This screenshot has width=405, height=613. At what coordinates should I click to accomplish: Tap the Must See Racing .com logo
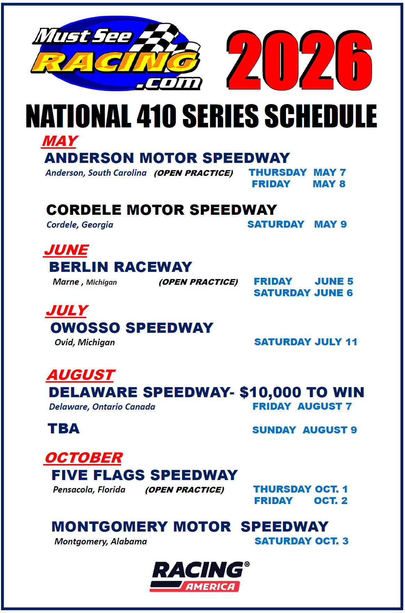[117, 54]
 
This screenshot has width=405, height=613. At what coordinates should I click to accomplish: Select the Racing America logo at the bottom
[200, 576]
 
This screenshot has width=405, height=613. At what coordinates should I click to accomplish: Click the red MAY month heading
[60, 141]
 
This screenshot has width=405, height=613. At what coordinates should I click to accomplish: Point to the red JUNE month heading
[66, 250]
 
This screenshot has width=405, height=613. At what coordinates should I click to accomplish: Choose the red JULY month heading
[67, 310]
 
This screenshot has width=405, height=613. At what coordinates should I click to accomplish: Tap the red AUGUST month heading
[81, 375]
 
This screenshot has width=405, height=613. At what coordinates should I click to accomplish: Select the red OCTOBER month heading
[84, 458]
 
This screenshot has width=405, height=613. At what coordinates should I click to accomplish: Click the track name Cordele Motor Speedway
[161, 210]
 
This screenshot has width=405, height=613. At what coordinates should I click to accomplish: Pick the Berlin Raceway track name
[120, 267]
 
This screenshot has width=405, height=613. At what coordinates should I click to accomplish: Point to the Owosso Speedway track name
[132, 328]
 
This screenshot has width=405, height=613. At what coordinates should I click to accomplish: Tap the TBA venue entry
[64, 429]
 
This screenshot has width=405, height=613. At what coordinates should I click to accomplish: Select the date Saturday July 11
[306, 342]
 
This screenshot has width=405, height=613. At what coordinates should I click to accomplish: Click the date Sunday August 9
[304, 430]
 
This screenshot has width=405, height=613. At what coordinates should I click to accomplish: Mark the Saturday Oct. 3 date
[301, 541]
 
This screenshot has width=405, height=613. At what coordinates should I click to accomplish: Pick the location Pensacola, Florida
[89, 490]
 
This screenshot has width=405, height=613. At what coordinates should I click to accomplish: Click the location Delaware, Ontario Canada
[102, 407]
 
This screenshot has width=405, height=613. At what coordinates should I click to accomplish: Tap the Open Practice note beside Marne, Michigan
[198, 282]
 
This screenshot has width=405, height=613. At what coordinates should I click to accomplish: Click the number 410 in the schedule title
[157, 116]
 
